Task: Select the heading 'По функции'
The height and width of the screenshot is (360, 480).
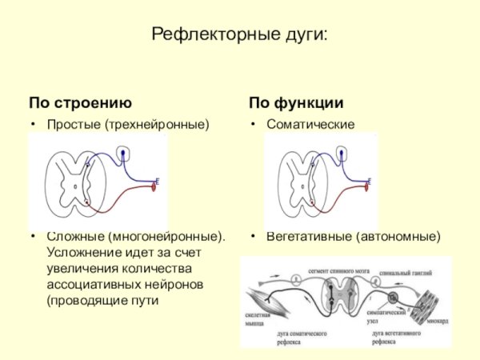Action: point(296,103)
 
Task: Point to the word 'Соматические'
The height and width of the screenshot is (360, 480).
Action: point(310,125)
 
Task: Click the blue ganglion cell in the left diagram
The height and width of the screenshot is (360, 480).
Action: point(122,152)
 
